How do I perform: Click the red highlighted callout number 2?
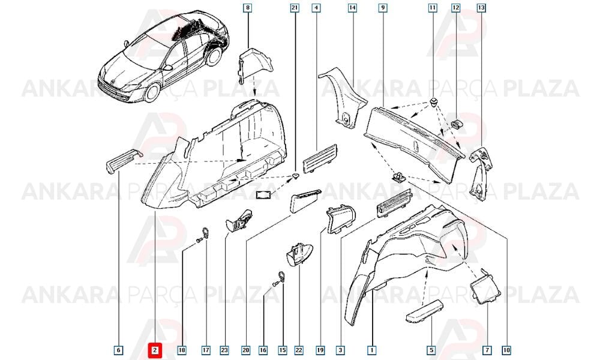pyautogui.click(x=155, y=350)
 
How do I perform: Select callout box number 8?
pyautogui.click(x=248, y=7)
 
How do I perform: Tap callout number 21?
pyautogui.click(x=295, y=7)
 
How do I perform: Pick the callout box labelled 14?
pyautogui.click(x=352, y=7)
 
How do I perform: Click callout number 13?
pyautogui.click(x=481, y=7)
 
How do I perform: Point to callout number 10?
pyautogui.click(x=506, y=350)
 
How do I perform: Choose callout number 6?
pyautogui.click(x=119, y=350)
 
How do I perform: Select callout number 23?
pyautogui.click(x=224, y=350)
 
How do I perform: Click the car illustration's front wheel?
pyautogui.click(x=152, y=93)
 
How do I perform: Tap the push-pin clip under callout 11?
pyautogui.click(x=434, y=101)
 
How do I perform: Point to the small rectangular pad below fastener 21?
pyautogui.click(x=263, y=195)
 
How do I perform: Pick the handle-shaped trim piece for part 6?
pyautogui.click(x=123, y=161)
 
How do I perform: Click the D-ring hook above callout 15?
pyautogui.click(x=281, y=277)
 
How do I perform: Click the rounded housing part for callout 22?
pyautogui.click(x=298, y=254)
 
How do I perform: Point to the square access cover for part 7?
pyautogui.click(x=485, y=287)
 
